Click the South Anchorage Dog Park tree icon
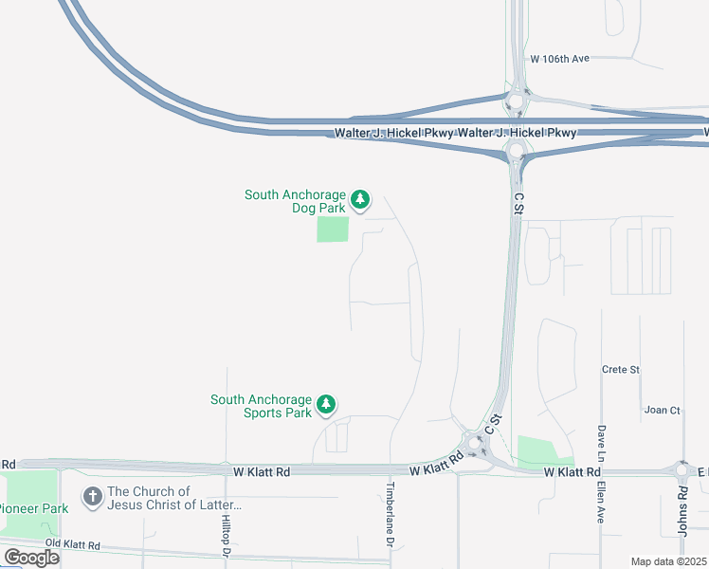click(359, 199)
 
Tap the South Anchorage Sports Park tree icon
click(326, 405)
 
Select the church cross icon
click(92, 496)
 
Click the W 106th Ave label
click(559, 59)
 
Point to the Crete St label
click(621, 369)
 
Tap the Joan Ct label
click(662, 410)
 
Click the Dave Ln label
click(601, 437)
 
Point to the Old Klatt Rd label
click(72, 545)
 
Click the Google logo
click(31, 557)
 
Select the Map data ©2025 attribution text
click(668, 561)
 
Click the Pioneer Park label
click(34, 508)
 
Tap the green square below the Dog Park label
click(333, 229)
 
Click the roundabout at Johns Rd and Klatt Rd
click(682, 469)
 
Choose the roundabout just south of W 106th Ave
click(517, 101)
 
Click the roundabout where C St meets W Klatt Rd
click(473, 442)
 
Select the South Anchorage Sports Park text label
click(261, 406)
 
